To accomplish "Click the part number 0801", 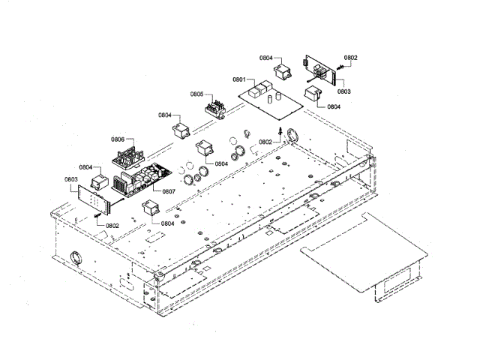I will (239, 79).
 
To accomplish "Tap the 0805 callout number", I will (196, 94).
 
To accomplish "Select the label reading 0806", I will (118, 140).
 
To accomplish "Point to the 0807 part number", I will (169, 191).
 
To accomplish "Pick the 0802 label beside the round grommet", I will (265, 142).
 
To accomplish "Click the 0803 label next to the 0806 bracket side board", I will (71, 179).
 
